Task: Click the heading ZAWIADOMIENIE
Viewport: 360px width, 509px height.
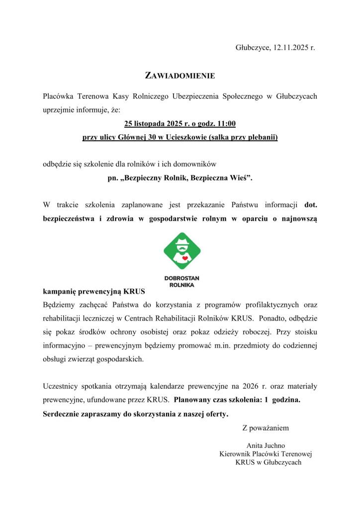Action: [180, 76]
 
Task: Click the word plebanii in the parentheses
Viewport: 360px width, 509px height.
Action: [262, 137]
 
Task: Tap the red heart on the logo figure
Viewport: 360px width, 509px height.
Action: [184, 258]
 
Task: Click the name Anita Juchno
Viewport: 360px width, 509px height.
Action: [266, 445]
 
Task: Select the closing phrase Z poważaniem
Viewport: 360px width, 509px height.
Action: [265, 427]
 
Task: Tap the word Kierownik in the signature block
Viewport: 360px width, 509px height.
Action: [236, 454]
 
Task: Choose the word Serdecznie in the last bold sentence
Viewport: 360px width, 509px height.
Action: [61, 414]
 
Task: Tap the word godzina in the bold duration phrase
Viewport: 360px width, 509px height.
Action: [285, 400]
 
